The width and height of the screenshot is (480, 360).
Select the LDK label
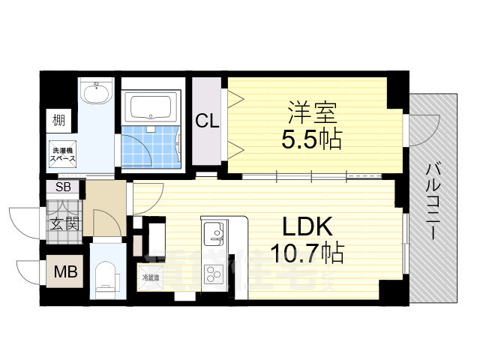(x=308, y=226)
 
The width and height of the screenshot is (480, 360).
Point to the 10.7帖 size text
(x=308, y=253)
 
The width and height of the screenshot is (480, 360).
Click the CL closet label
(x=208, y=120)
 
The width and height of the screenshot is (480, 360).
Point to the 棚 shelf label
(x=58, y=119)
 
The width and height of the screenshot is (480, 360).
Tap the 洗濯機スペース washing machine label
(x=62, y=153)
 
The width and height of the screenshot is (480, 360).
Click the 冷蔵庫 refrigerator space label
(x=151, y=278)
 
